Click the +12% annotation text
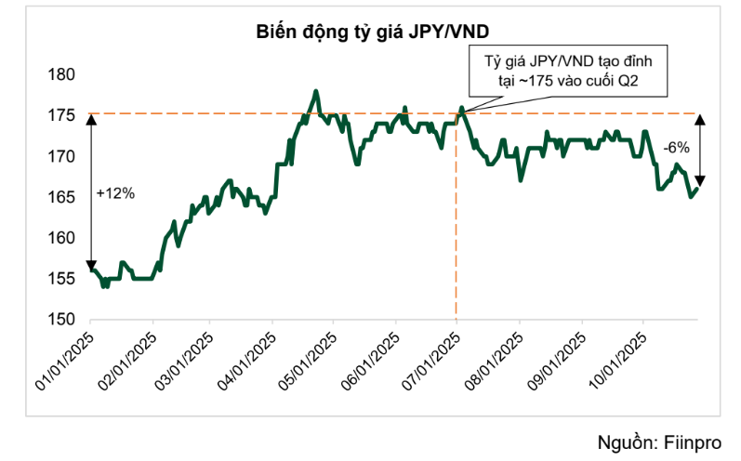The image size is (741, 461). (115, 193)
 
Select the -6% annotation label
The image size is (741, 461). (676, 147)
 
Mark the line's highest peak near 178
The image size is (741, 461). (316, 91)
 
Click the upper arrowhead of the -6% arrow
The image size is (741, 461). (701, 119)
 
